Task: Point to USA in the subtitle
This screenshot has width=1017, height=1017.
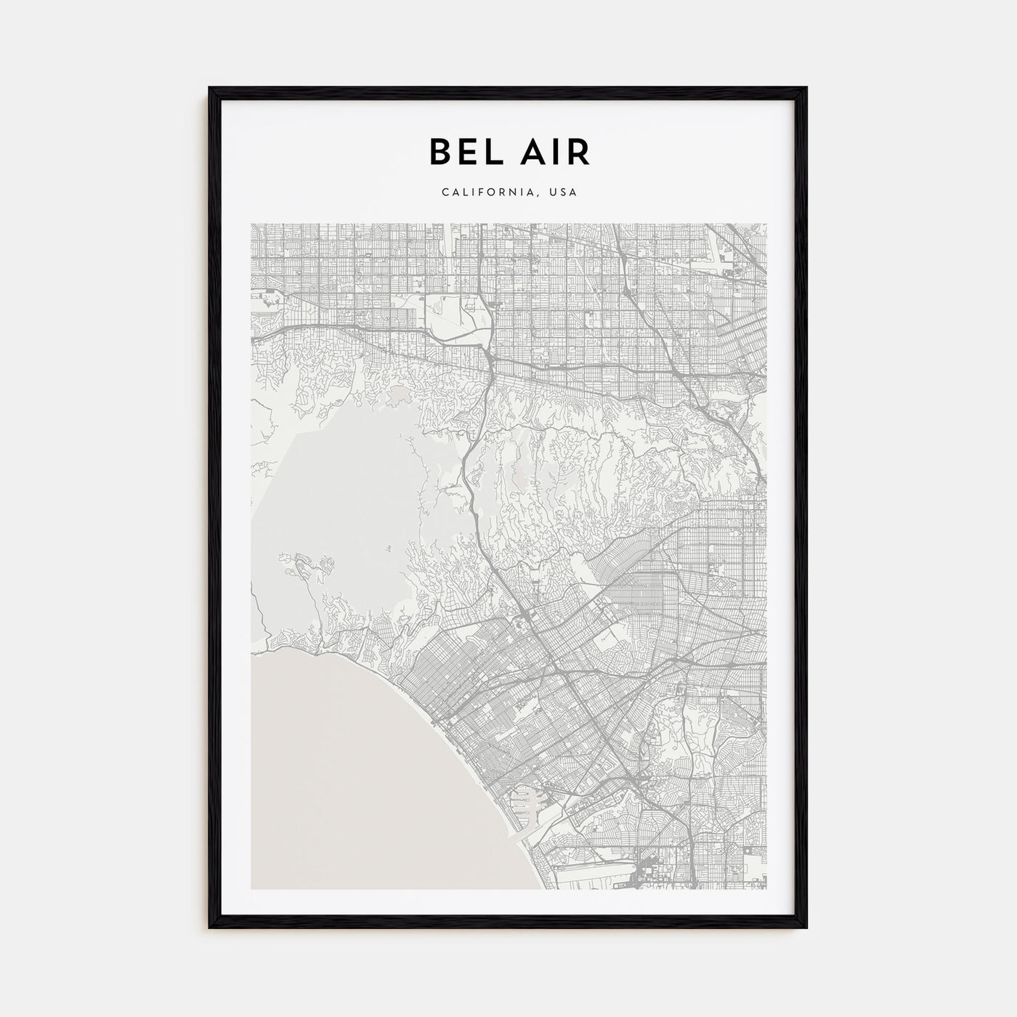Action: [x=563, y=193]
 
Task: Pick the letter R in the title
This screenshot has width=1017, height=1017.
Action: [x=578, y=152]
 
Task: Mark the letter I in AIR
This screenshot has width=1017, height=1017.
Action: [x=556, y=152]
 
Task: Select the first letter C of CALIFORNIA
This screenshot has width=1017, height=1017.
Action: [x=444, y=193]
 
